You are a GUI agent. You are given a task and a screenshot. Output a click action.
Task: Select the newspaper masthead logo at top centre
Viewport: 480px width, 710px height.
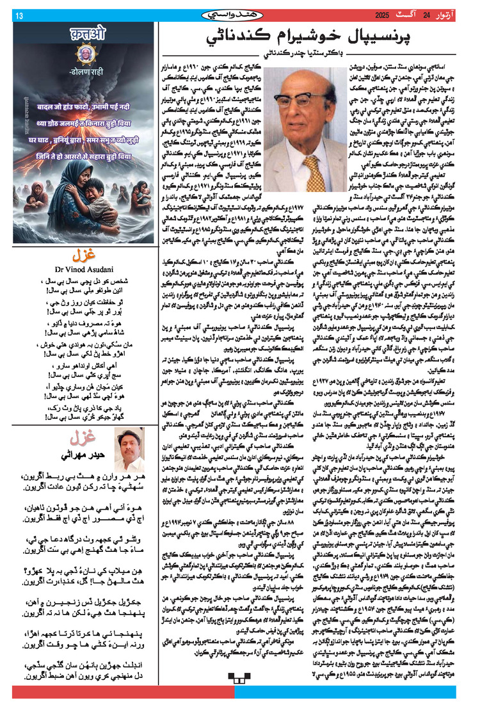pyautogui.click(x=238, y=13)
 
